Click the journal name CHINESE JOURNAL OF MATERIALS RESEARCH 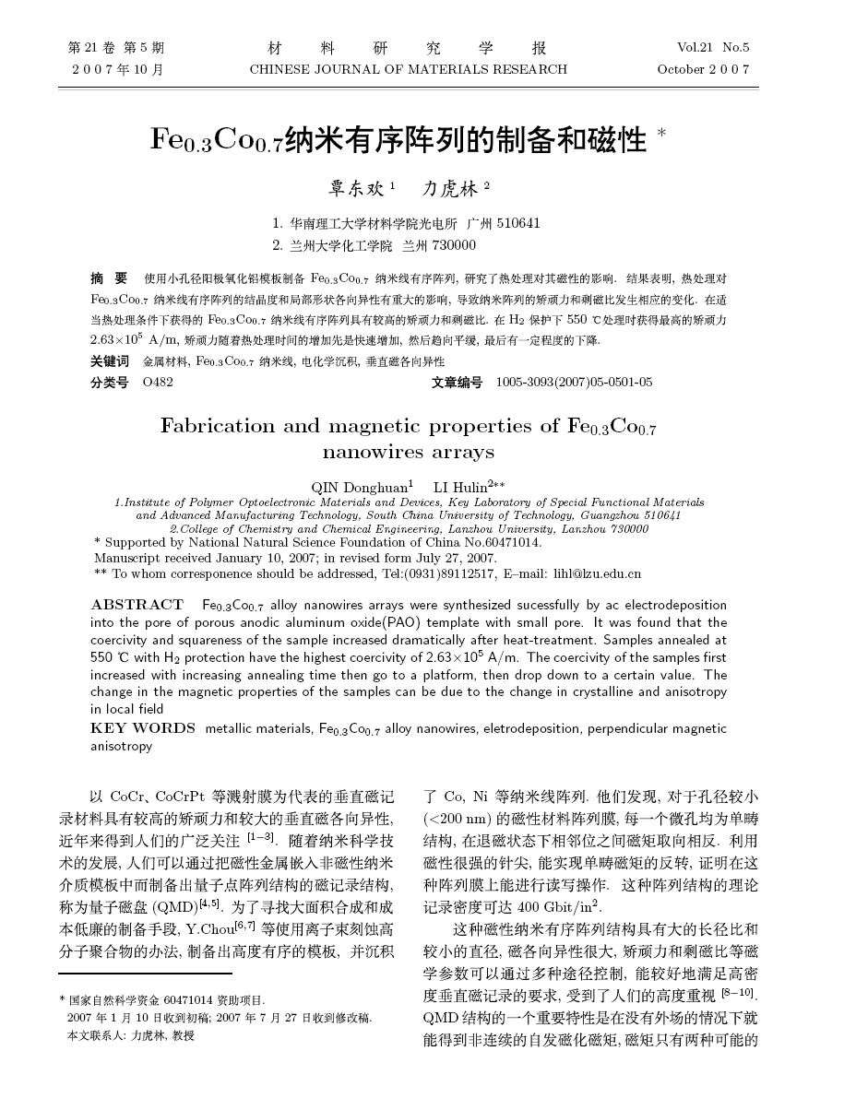pyautogui.click(x=409, y=69)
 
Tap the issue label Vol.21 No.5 pyautogui.click(x=712, y=47)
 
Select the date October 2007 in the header pyautogui.click(x=703, y=69)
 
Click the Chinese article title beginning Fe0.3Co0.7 pyautogui.click(x=398, y=140)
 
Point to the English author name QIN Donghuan pyautogui.click(x=361, y=486)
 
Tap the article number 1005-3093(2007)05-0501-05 pyautogui.click(x=574, y=382)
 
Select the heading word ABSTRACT pyautogui.click(x=137, y=605)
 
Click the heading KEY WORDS pyautogui.click(x=143, y=728)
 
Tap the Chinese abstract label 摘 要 pyautogui.click(x=109, y=277)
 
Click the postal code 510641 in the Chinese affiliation pyautogui.click(x=518, y=223)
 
